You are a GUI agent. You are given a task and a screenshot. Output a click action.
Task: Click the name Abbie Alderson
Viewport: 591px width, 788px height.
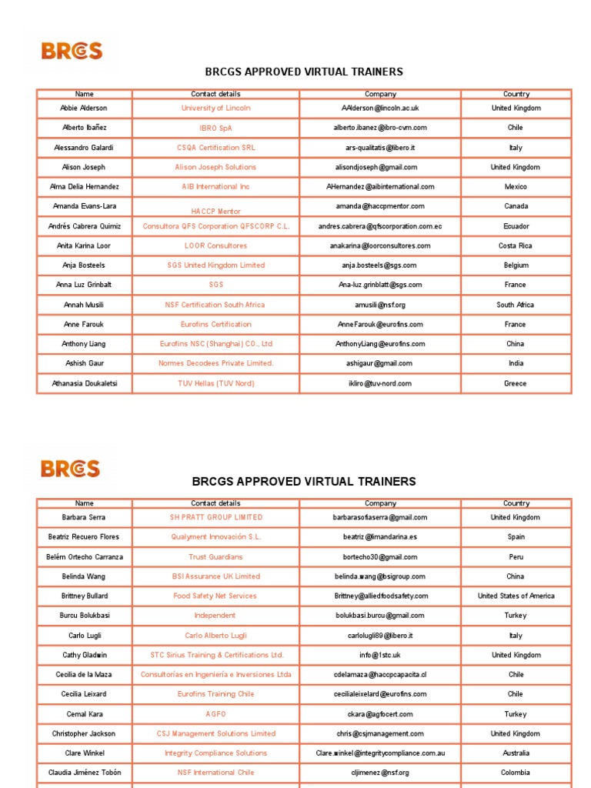coord(85,109)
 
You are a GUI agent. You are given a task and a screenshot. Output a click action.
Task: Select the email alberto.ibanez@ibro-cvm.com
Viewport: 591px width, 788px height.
coord(380,128)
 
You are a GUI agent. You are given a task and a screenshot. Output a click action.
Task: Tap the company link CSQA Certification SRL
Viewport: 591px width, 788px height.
coord(216,148)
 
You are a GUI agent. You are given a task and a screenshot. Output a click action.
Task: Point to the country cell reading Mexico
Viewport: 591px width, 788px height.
coord(516,187)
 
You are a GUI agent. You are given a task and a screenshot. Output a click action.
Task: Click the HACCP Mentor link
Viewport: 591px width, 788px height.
coord(216,211)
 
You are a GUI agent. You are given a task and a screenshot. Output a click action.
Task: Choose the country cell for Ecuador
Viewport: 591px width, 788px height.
coord(516,226)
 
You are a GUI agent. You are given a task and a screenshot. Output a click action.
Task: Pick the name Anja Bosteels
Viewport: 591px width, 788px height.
coord(85,265)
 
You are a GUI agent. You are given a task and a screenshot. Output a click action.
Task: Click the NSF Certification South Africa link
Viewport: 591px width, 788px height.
coord(216,305)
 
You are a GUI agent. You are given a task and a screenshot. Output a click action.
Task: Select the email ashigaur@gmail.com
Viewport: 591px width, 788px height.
coord(380,363)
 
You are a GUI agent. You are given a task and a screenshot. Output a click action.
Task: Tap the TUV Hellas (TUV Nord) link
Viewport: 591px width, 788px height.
coord(216,383)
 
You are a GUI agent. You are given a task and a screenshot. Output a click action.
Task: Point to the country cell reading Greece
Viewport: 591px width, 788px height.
coord(516,383)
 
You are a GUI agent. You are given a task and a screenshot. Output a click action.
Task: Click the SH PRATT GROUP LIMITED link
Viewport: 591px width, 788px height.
coord(216,517)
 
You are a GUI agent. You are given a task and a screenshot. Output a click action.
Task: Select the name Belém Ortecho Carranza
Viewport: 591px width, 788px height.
coord(85,556)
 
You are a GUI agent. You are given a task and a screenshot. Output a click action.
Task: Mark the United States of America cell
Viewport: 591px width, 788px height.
coord(516,596)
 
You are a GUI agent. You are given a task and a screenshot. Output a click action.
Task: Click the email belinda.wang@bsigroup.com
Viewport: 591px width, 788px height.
coord(380,576)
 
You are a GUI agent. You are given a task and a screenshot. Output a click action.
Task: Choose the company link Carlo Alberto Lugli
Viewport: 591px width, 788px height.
coord(216,636)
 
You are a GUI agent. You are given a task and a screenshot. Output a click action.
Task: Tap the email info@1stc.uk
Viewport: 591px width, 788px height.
coord(380,655)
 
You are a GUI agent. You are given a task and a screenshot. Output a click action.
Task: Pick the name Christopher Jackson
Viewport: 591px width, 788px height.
coord(85,733)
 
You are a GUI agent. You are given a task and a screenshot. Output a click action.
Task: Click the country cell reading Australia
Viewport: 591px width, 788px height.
coord(516,753)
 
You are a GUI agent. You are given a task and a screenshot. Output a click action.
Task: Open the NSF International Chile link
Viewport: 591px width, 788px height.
coord(216,773)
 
